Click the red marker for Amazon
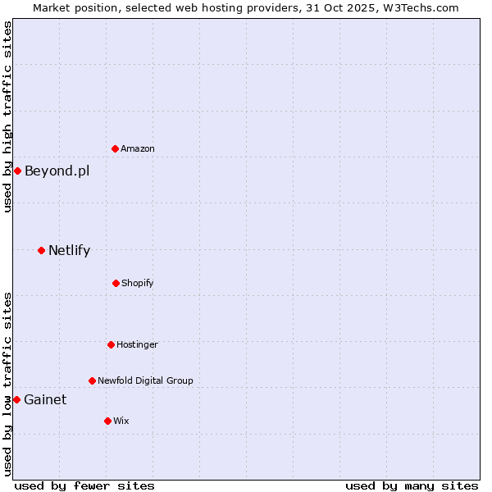(115, 148)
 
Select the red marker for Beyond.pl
(17, 171)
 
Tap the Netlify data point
(41, 250)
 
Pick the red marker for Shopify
(116, 283)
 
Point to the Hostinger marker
(111, 344)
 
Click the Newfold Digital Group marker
(92, 380)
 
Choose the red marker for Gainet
(16, 399)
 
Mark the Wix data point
(107, 421)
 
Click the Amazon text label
(138, 148)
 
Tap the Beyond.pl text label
(57, 171)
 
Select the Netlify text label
(69, 250)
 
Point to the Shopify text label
(138, 283)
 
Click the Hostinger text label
(137, 344)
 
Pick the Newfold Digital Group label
(145, 380)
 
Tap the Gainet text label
(45, 399)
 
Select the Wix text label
(121, 421)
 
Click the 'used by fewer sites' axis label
(84, 485)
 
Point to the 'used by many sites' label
(412, 485)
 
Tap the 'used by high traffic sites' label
(7, 116)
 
